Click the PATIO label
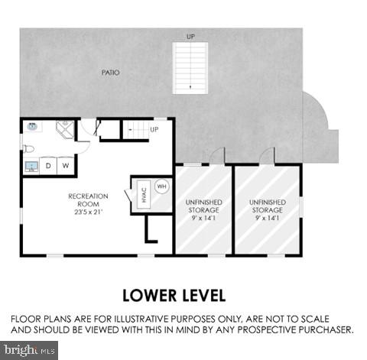point(110,73)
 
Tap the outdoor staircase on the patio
point(190,67)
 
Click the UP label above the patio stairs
point(190,35)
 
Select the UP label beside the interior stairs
point(154,129)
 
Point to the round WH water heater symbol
point(161,186)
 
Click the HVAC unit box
point(143,195)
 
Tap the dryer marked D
point(48,166)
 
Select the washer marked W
point(66,166)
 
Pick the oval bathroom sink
point(33,128)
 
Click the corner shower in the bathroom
point(64,128)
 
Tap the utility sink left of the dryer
point(31,166)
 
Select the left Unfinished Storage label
point(203,206)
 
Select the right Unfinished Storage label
point(267,206)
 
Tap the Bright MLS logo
point(29,351)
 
